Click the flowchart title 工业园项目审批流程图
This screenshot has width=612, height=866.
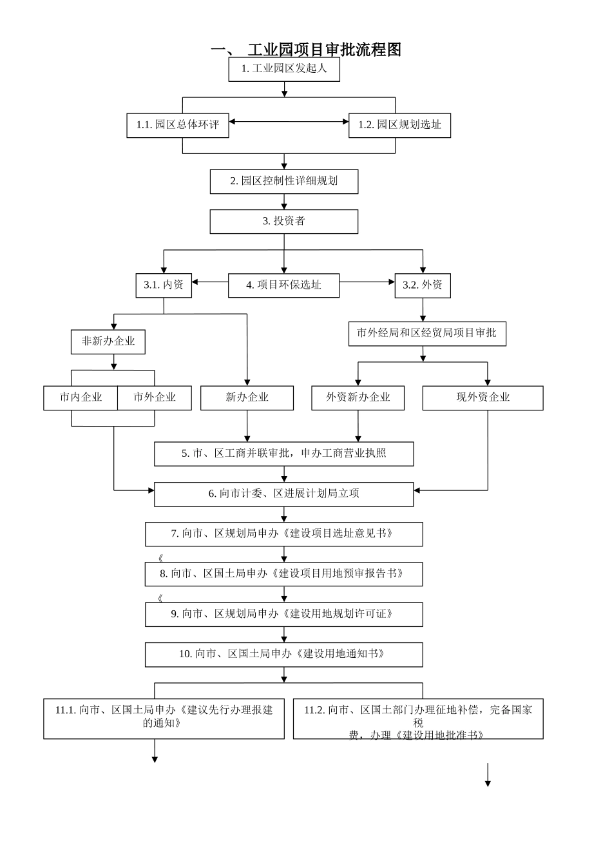click(307, 50)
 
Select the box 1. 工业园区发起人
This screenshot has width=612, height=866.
click(284, 69)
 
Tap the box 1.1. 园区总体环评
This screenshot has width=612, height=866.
click(177, 125)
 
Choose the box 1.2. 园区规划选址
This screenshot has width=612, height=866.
click(399, 125)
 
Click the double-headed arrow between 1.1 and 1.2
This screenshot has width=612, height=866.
click(289, 122)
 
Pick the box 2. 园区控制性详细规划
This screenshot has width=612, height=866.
click(284, 181)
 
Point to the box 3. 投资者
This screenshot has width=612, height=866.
click(284, 221)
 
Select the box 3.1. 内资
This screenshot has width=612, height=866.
click(164, 285)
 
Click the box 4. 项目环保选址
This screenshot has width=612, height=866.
click(283, 285)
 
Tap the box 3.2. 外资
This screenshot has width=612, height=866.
click(423, 285)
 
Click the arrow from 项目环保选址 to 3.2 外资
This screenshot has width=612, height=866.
click(367, 282)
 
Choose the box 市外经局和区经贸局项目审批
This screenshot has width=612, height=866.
click(427, 333)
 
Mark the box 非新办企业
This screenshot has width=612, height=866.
click(108, 342)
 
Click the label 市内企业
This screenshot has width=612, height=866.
click(81, 398)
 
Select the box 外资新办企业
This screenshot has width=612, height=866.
click(358, 398)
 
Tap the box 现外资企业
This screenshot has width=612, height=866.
click(483, 398)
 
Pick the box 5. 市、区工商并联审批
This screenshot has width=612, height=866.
click(284, 454)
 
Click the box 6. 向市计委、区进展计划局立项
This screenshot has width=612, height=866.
click(284, 494)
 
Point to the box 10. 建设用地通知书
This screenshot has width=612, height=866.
click(284, 654)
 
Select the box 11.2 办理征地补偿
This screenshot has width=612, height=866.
click(418, 718)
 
